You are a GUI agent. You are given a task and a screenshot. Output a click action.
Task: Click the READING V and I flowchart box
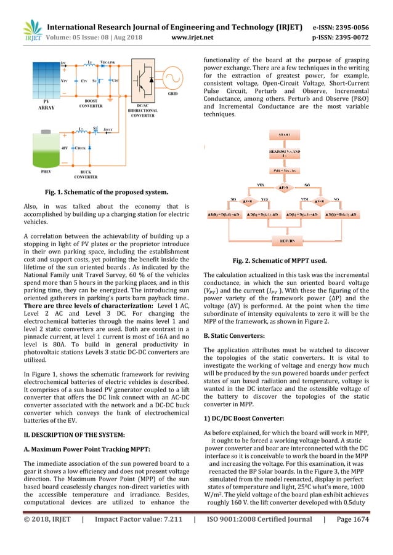coord(284,153)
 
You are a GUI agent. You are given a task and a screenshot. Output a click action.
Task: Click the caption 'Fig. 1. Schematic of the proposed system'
coord(102,193)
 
